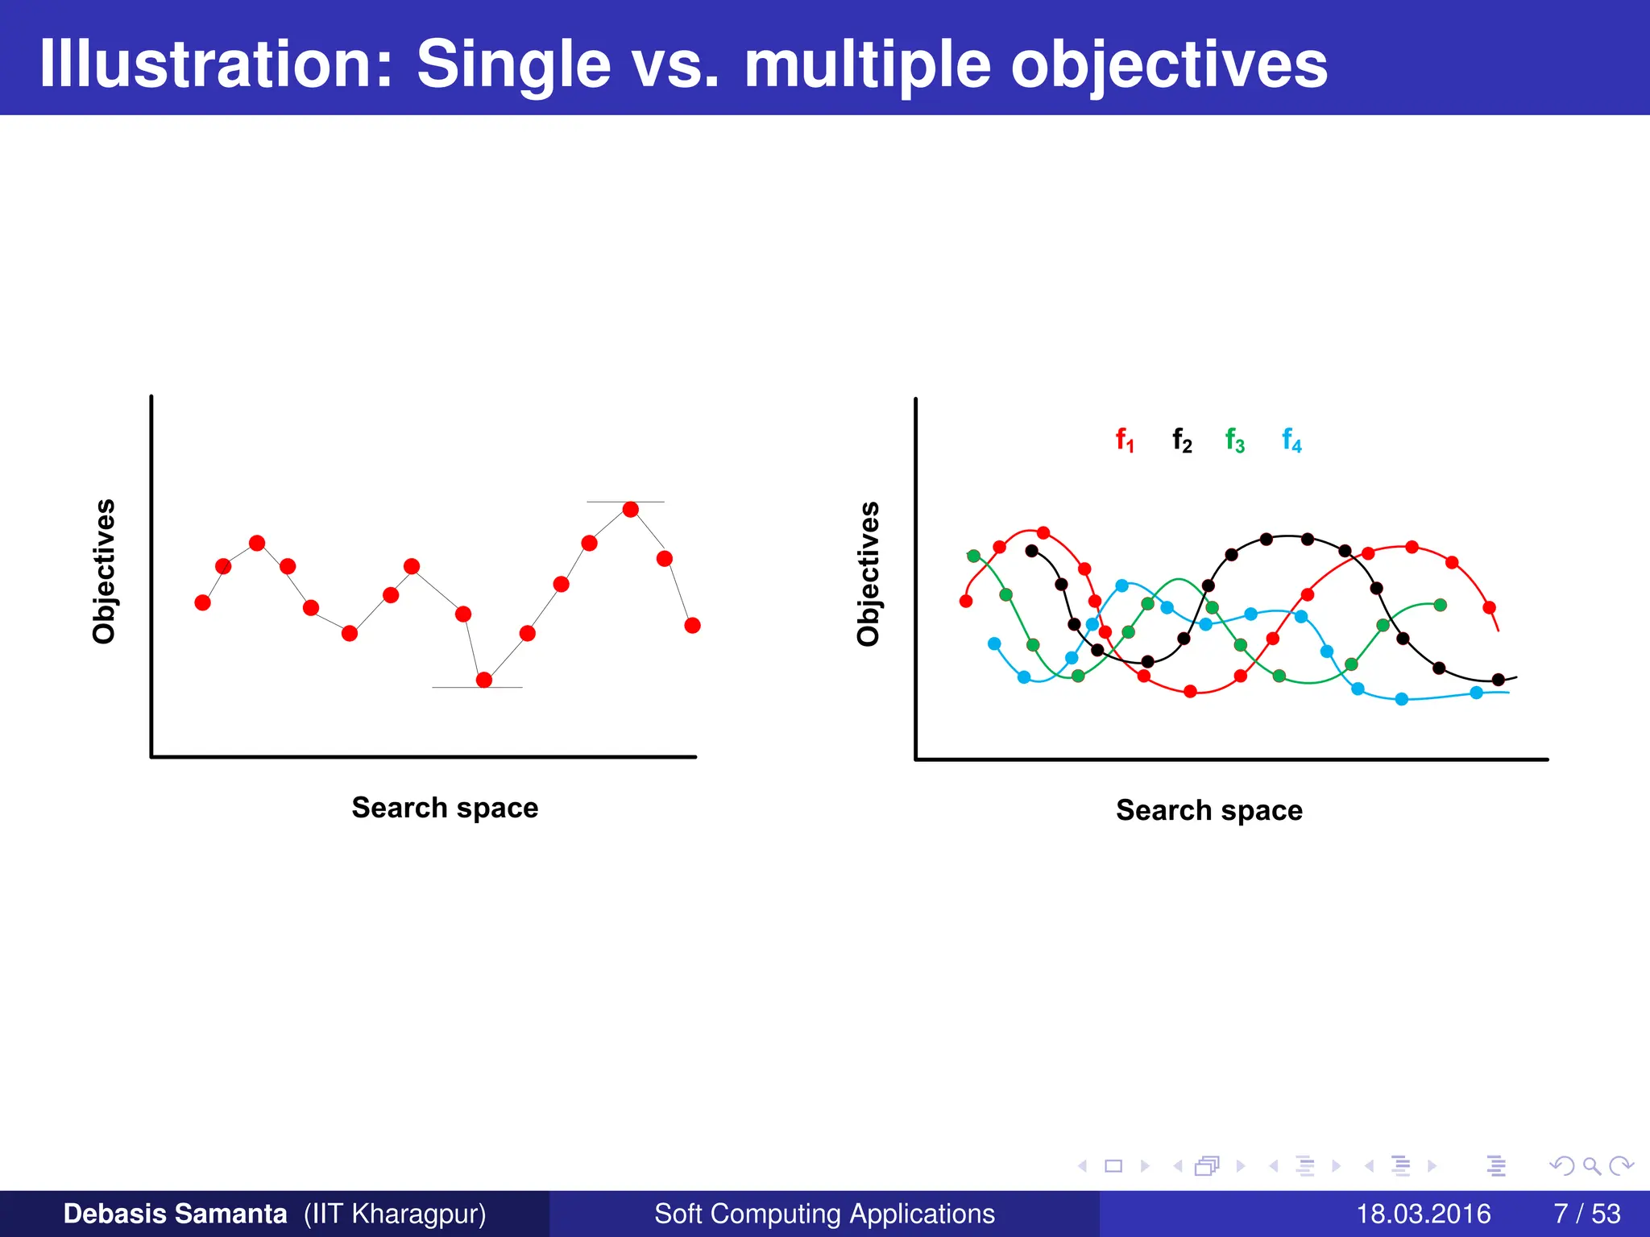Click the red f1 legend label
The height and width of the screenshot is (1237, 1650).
point(1125,441)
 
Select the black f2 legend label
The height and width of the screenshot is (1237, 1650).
point(1182,441)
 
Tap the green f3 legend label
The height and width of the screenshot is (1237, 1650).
point(1234,441)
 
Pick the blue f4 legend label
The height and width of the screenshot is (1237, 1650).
point(1291,441)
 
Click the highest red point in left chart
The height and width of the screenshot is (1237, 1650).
point(631,509)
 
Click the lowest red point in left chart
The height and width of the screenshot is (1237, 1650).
point(484,680)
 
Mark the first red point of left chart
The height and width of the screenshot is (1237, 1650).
point(203,602)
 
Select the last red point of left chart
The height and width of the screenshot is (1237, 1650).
point(692,625)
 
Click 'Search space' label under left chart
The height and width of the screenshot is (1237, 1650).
point(445,807)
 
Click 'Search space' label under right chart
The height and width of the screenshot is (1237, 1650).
point(1208,809)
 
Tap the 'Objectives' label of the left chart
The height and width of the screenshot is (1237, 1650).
point(104,571)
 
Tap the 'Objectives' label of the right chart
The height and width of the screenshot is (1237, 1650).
point(868,573)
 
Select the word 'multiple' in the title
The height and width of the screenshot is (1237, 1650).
point(867,64)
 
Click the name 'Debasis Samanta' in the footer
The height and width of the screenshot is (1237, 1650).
point(175,1214)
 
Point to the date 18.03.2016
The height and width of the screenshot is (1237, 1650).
point(1424,1214)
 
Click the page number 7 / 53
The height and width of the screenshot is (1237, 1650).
point(1586,1214)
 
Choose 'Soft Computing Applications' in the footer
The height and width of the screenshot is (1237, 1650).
point(824,1214)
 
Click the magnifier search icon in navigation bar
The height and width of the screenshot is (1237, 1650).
point(1591,1165)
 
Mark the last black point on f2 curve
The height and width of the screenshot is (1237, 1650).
point(1498,680)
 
